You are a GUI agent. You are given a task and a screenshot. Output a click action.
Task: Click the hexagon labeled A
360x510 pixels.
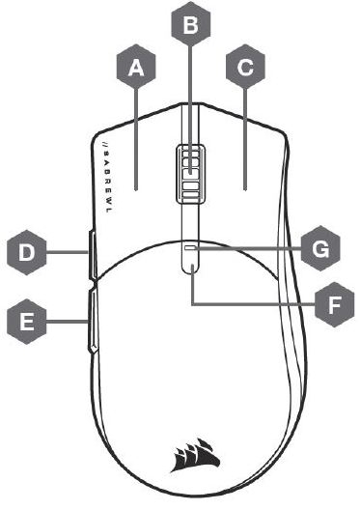[x=137, y=68]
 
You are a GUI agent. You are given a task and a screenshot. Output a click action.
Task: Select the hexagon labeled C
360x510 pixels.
[x=245, y=68]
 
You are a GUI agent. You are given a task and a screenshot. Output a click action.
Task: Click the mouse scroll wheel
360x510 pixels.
[x=191, y=172]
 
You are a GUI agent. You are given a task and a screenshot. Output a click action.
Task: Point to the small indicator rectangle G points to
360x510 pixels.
[x=191, y=247]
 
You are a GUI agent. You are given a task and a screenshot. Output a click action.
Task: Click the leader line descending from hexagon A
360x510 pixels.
[x=137, y=135]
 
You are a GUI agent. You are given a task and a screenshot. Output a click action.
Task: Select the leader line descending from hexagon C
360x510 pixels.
[x=245, y=135]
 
